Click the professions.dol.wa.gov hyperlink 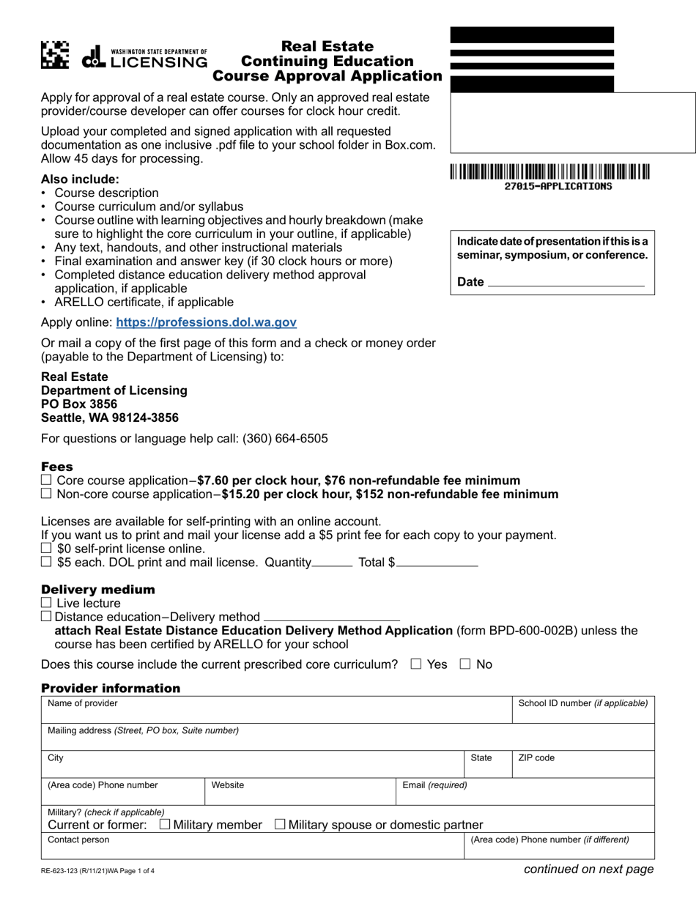[206, 322]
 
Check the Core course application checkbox [47, 481]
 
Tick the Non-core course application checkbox [47, 494]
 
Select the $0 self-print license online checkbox [47, 548]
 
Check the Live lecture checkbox [47, 603]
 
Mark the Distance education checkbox [47, 617]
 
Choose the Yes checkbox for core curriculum [416, 664]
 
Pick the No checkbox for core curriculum [464, 664]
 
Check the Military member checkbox [165, 825]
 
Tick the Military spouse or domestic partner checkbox [281, 825]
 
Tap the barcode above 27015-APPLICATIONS [549, 173]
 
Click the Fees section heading [57, 467]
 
